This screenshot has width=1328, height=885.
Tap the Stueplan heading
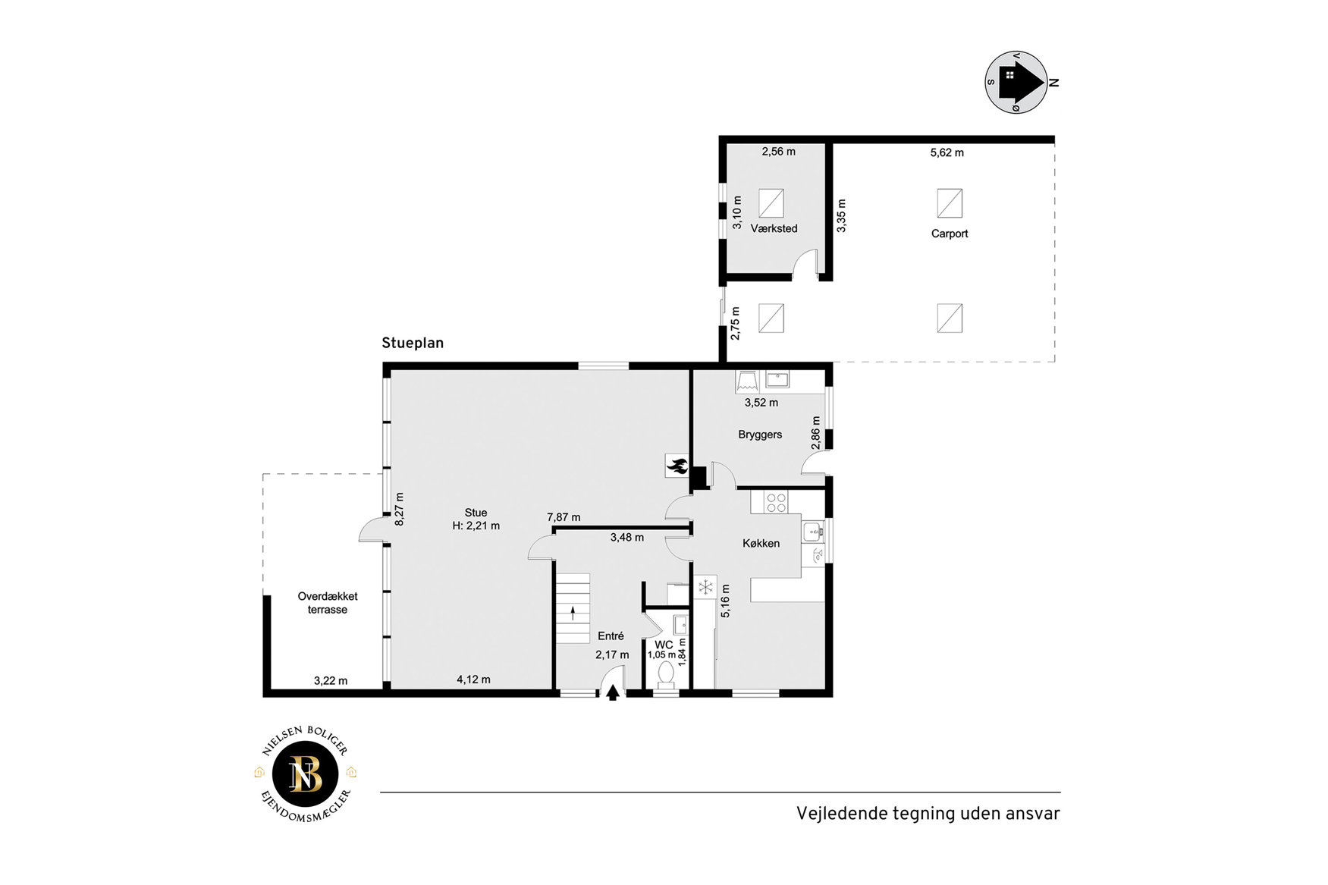413,343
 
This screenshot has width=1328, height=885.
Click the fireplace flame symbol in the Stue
677,466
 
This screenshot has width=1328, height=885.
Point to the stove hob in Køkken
776,502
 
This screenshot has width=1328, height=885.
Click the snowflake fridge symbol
705,586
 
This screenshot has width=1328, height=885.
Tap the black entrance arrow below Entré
613,693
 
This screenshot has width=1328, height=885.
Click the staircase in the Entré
573,608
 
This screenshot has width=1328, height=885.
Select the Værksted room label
774,228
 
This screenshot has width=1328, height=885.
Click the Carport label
950,234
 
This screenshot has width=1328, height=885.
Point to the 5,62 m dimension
947,152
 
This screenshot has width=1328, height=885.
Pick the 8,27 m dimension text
400,510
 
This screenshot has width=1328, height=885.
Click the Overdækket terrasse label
328,603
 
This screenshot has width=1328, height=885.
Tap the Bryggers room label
760,435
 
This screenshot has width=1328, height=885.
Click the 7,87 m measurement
564,517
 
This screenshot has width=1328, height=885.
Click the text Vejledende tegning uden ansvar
928,814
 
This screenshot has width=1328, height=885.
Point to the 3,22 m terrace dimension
331,681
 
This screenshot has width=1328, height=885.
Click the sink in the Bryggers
777,379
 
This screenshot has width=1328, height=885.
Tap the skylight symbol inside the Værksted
771,203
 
